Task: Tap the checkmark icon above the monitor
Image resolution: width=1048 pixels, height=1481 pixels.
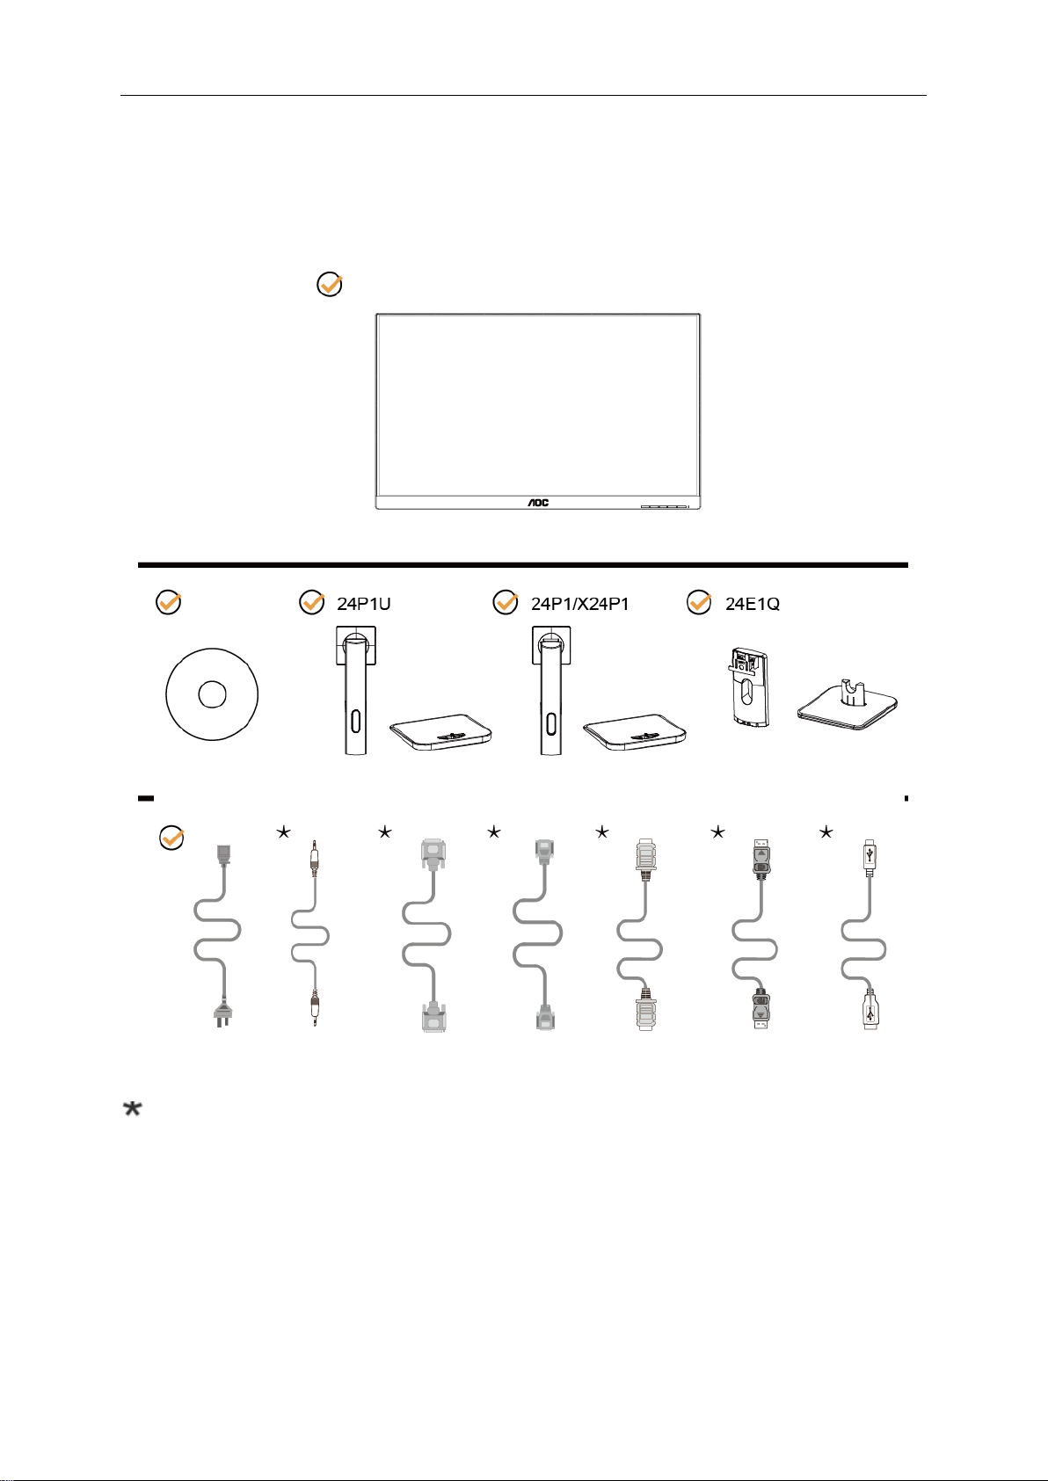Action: point(329,285)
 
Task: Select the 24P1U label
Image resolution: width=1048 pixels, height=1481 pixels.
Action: point(364,604)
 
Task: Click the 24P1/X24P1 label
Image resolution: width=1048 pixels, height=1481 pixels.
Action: point(579,604)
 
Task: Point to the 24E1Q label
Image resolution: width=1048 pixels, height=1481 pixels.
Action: point(753,604)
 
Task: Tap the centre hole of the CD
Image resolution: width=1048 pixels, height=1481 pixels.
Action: point(212,694)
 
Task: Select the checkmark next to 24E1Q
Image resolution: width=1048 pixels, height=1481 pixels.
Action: point(699,603)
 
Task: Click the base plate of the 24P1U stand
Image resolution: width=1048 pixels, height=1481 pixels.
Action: point(440,730)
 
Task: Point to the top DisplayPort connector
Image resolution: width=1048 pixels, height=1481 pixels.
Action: point(761,860)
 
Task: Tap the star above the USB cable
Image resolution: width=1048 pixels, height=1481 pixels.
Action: point(826,831)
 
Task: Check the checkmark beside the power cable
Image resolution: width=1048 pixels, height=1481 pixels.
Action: point(171,838)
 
